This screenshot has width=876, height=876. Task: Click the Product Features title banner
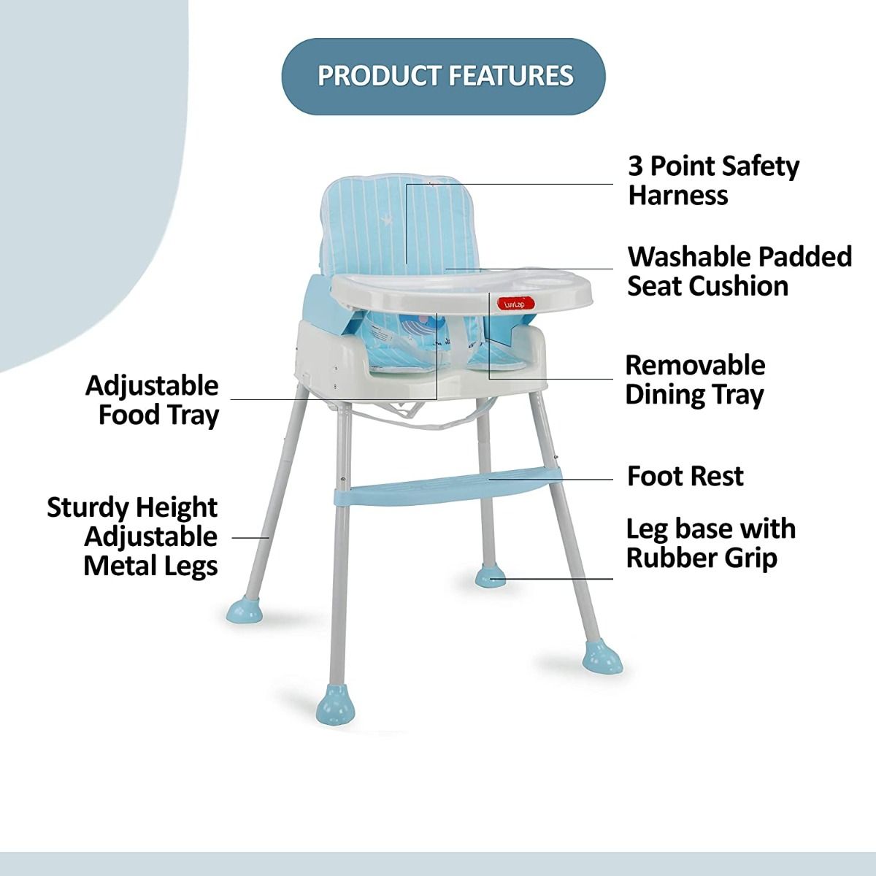tap(444, 77)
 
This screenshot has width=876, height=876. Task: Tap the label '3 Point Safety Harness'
tap(713, 180)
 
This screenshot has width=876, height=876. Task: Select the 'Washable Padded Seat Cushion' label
tap(739, 271)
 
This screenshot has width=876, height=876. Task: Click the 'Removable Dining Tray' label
tap(695, 380)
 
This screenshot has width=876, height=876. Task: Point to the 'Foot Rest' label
tap(685, 476)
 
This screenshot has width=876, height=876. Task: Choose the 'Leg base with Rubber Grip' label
tap(710, 543)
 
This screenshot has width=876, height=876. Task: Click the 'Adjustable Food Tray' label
tap(153, 400)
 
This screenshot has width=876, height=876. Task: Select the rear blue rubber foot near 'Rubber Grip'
tap(490, 577)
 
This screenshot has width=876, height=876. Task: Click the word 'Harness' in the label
tap(678, 196)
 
